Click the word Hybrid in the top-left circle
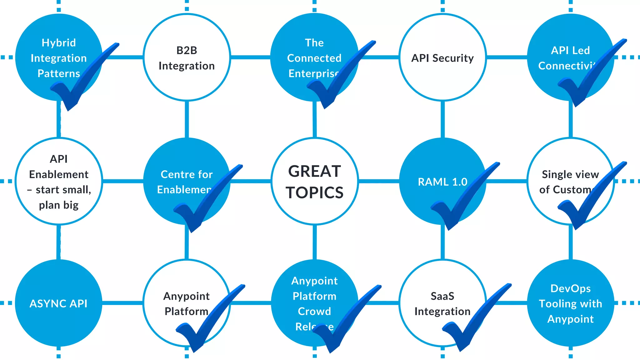tap(59, 43)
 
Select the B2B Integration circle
tap(187, 58)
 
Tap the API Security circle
tap(442, 58)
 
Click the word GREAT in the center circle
tap(314, 171)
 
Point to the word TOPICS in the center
tap(314, 192)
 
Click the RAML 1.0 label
tap(442, 182)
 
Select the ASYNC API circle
tap(58, 303)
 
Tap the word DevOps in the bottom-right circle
tap(570, 288)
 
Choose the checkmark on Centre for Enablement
tap(203, 203)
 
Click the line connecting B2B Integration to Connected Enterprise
tap(250, 57)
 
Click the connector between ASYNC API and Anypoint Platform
tap(122, 303)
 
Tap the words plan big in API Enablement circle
tap(58, 205)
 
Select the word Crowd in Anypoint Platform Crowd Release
tap(314, 312)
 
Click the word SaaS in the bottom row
tap(442, 296)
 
